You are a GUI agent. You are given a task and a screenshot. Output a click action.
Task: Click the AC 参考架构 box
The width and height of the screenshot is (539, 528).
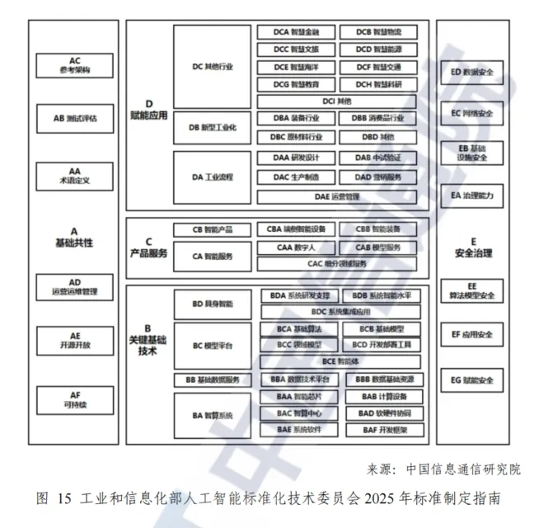(75, 65)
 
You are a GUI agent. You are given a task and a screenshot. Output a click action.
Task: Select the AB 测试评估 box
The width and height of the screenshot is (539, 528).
(75, 119)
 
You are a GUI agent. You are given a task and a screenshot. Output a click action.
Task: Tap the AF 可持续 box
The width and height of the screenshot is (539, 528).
(75, 399)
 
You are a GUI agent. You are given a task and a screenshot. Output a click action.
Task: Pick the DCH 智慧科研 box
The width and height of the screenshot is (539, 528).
(379, 84)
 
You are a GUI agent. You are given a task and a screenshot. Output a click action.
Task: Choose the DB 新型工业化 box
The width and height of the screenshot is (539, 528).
(213, 127)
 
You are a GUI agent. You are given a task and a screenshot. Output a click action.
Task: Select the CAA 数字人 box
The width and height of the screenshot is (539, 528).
(296, 247)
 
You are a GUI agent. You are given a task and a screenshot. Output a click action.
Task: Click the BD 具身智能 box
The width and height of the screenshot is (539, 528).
(213, 304)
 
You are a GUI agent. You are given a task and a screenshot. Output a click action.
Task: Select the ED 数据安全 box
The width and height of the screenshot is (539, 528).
(472, 73)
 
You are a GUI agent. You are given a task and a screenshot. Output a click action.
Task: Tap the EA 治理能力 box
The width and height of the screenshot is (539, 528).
(472, 196)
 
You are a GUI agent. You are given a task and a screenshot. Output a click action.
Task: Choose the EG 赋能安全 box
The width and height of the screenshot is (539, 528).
(472, 380)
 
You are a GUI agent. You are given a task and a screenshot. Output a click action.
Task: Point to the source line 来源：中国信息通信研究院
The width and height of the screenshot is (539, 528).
(443, 469)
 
